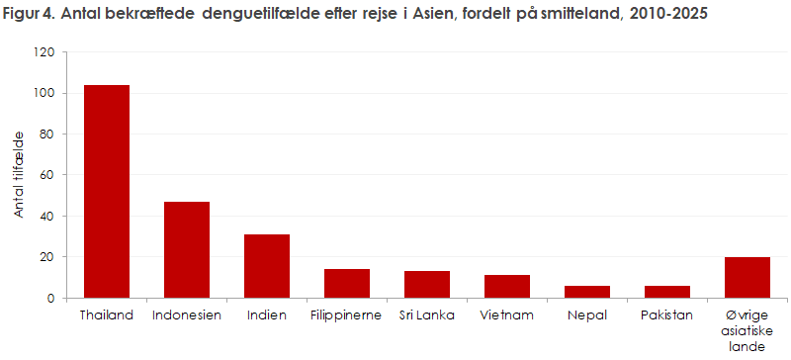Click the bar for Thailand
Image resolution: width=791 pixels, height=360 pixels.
[106, 191]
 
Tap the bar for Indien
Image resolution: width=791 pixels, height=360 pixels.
[267, 266]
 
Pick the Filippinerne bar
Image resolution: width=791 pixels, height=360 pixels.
[347, 283]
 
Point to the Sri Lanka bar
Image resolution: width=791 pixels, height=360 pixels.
[427, 284]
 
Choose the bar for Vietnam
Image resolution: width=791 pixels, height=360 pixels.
[507, 286]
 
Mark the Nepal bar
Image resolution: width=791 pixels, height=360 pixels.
[587, 292]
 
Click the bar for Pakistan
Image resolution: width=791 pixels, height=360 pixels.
[667, 292]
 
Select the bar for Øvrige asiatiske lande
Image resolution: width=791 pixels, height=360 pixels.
[748, 277]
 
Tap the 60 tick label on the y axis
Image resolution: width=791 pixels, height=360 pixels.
[46, 175]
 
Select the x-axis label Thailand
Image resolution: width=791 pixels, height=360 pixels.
[106, 315]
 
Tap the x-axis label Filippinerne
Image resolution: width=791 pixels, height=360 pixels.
[347, 315]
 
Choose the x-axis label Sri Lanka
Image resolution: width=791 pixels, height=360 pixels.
[427, 315]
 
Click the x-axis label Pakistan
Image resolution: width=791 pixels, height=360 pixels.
[667, 315]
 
